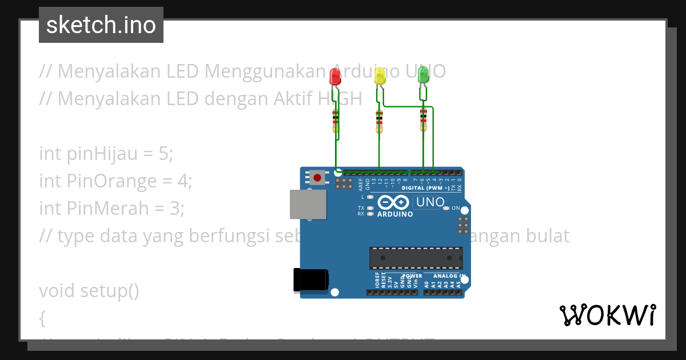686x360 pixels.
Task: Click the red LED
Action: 336,76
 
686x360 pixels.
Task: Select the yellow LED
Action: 380,77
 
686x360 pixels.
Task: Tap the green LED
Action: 423,74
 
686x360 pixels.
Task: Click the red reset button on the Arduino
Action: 317,177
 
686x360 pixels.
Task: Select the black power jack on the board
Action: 310,280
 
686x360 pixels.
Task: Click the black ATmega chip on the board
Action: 416,258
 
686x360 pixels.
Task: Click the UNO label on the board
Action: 430,202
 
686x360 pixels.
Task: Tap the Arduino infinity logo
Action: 393,203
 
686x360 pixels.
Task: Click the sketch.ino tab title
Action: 101,25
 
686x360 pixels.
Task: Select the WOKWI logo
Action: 608,315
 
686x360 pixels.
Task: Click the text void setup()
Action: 89,291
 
